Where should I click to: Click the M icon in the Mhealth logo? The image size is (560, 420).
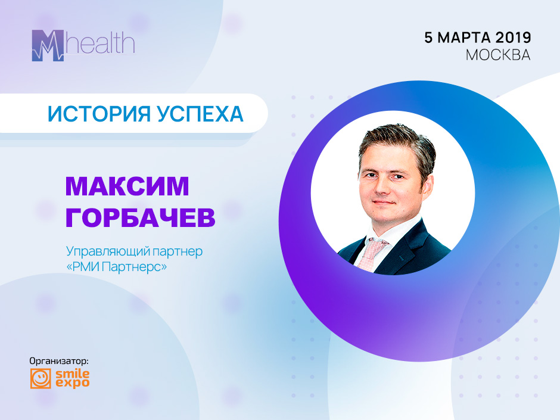(x=48, y=45)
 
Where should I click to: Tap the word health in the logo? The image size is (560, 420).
(x=100, y=43)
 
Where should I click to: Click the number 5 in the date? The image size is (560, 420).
(x=428, y=38)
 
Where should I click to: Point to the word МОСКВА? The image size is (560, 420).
(x=498, y=55)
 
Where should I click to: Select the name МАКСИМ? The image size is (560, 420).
(x=127, y=186)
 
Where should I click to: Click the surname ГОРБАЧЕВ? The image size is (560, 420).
(x=141, y=217)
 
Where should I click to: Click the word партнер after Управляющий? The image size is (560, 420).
(x=178, y=252)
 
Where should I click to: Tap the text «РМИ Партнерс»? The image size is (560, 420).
(x=116, y=267)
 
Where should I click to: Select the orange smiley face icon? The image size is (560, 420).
(x=41, y=378)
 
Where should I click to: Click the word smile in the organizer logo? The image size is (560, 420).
(x=72, y=374)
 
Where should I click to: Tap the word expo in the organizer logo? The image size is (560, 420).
(x=72, y=383)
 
